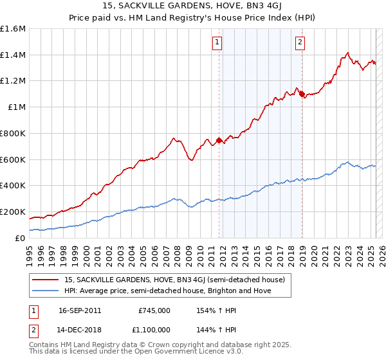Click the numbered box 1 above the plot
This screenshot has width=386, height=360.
coord(217,43)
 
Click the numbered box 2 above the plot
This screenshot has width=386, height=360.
coord(300,43)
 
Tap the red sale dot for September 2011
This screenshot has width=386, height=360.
coord(219,140)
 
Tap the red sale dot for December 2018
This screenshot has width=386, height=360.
coord(302,94)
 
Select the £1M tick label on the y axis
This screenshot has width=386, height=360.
coord(17,107)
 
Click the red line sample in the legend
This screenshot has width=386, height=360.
coord(46,280)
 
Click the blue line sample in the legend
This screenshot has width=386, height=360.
coord(46,291)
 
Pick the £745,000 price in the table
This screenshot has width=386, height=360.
coord(154,310)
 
